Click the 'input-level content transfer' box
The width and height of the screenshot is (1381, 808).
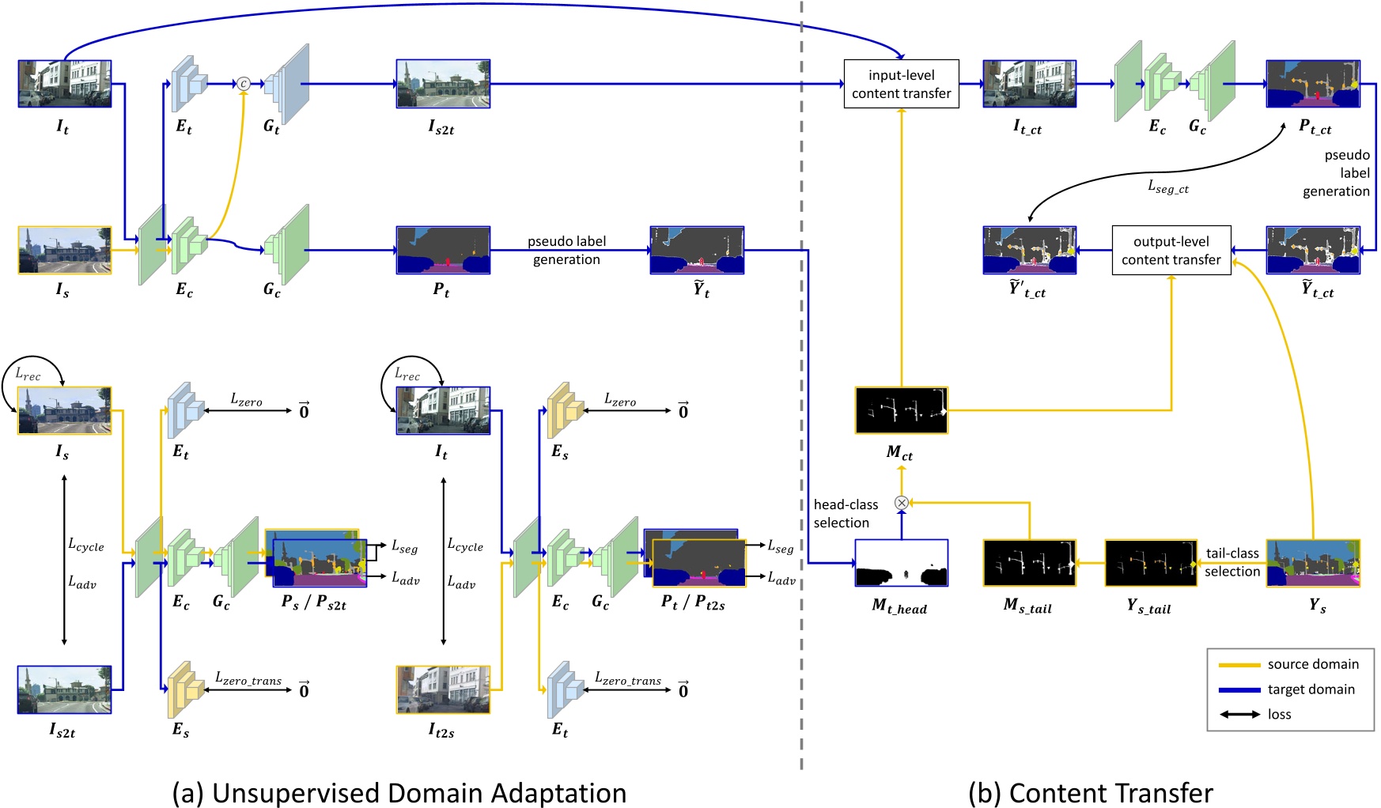click(x=901, y=84)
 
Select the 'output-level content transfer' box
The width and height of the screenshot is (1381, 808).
click(x=1171, y=251)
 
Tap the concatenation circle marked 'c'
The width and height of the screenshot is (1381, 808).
click(x=244, y=84)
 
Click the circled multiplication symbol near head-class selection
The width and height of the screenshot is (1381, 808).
click(x=901, y=502)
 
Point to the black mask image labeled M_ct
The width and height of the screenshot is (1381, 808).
click(x=901, y=410)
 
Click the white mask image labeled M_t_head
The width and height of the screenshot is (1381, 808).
click(x=901, y=562)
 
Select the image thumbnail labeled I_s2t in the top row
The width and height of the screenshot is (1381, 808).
click(x=443, y=84)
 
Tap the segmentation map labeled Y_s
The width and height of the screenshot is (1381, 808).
click(x=1312, y=562)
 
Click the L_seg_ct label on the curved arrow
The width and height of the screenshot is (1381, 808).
click(x=1168, y=187)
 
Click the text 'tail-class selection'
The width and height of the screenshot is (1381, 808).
click(x=1232, y=562)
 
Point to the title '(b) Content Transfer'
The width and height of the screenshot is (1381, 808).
click(x=1090, y=793)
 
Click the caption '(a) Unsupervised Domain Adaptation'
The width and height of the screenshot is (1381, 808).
click(x=399, y=793)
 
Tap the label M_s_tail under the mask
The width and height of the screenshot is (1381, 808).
click(x=1027, y=606)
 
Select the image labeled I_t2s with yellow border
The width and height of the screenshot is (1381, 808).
click(x=443, y=689)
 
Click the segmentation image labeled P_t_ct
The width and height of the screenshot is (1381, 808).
click(x=1312, y=84)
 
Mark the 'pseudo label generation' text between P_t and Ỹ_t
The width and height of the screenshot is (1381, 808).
click(x=566, y=251)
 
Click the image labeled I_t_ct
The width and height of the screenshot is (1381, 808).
click(x=1029, y=84)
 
